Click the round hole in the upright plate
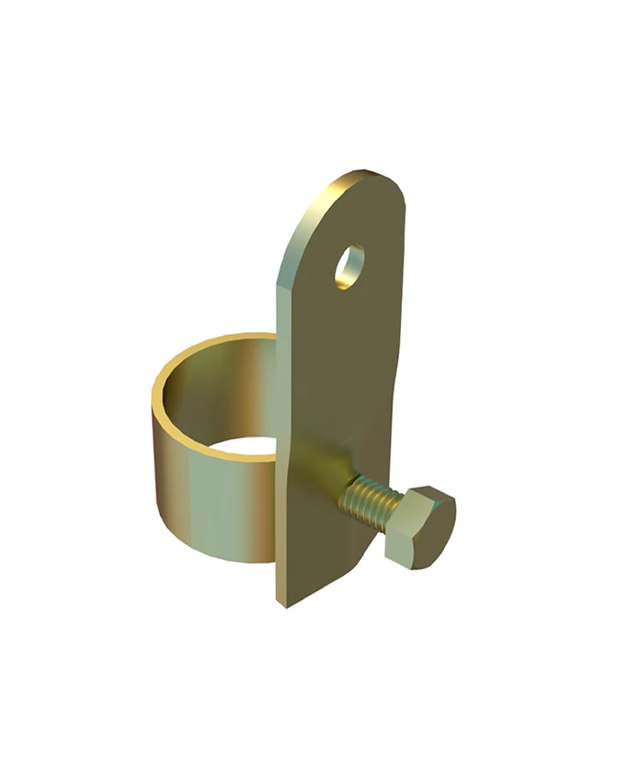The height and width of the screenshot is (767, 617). (x=349, y=266)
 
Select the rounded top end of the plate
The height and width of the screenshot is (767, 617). (x=368, y=184)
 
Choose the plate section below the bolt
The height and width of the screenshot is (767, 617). (x=322, y=561)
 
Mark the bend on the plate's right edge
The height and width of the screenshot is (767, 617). (x=397, y=386)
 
